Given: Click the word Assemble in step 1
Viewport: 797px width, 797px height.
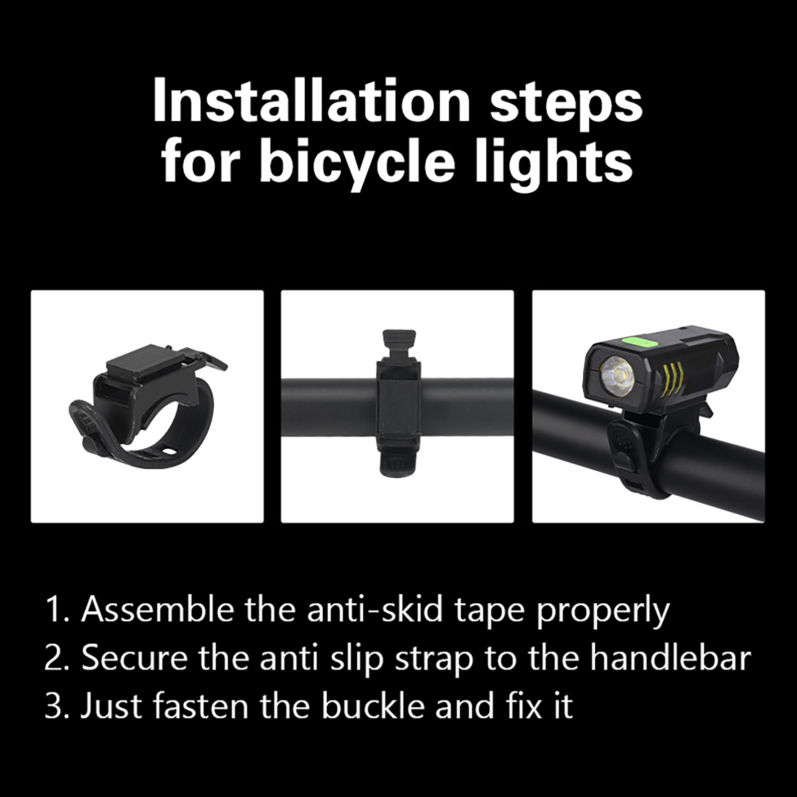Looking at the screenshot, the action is [x=157, y=609].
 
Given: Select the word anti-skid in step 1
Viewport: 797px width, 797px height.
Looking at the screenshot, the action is [x=375, y=609].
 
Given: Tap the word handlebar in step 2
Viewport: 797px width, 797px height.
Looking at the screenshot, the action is [x=670, y=658].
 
